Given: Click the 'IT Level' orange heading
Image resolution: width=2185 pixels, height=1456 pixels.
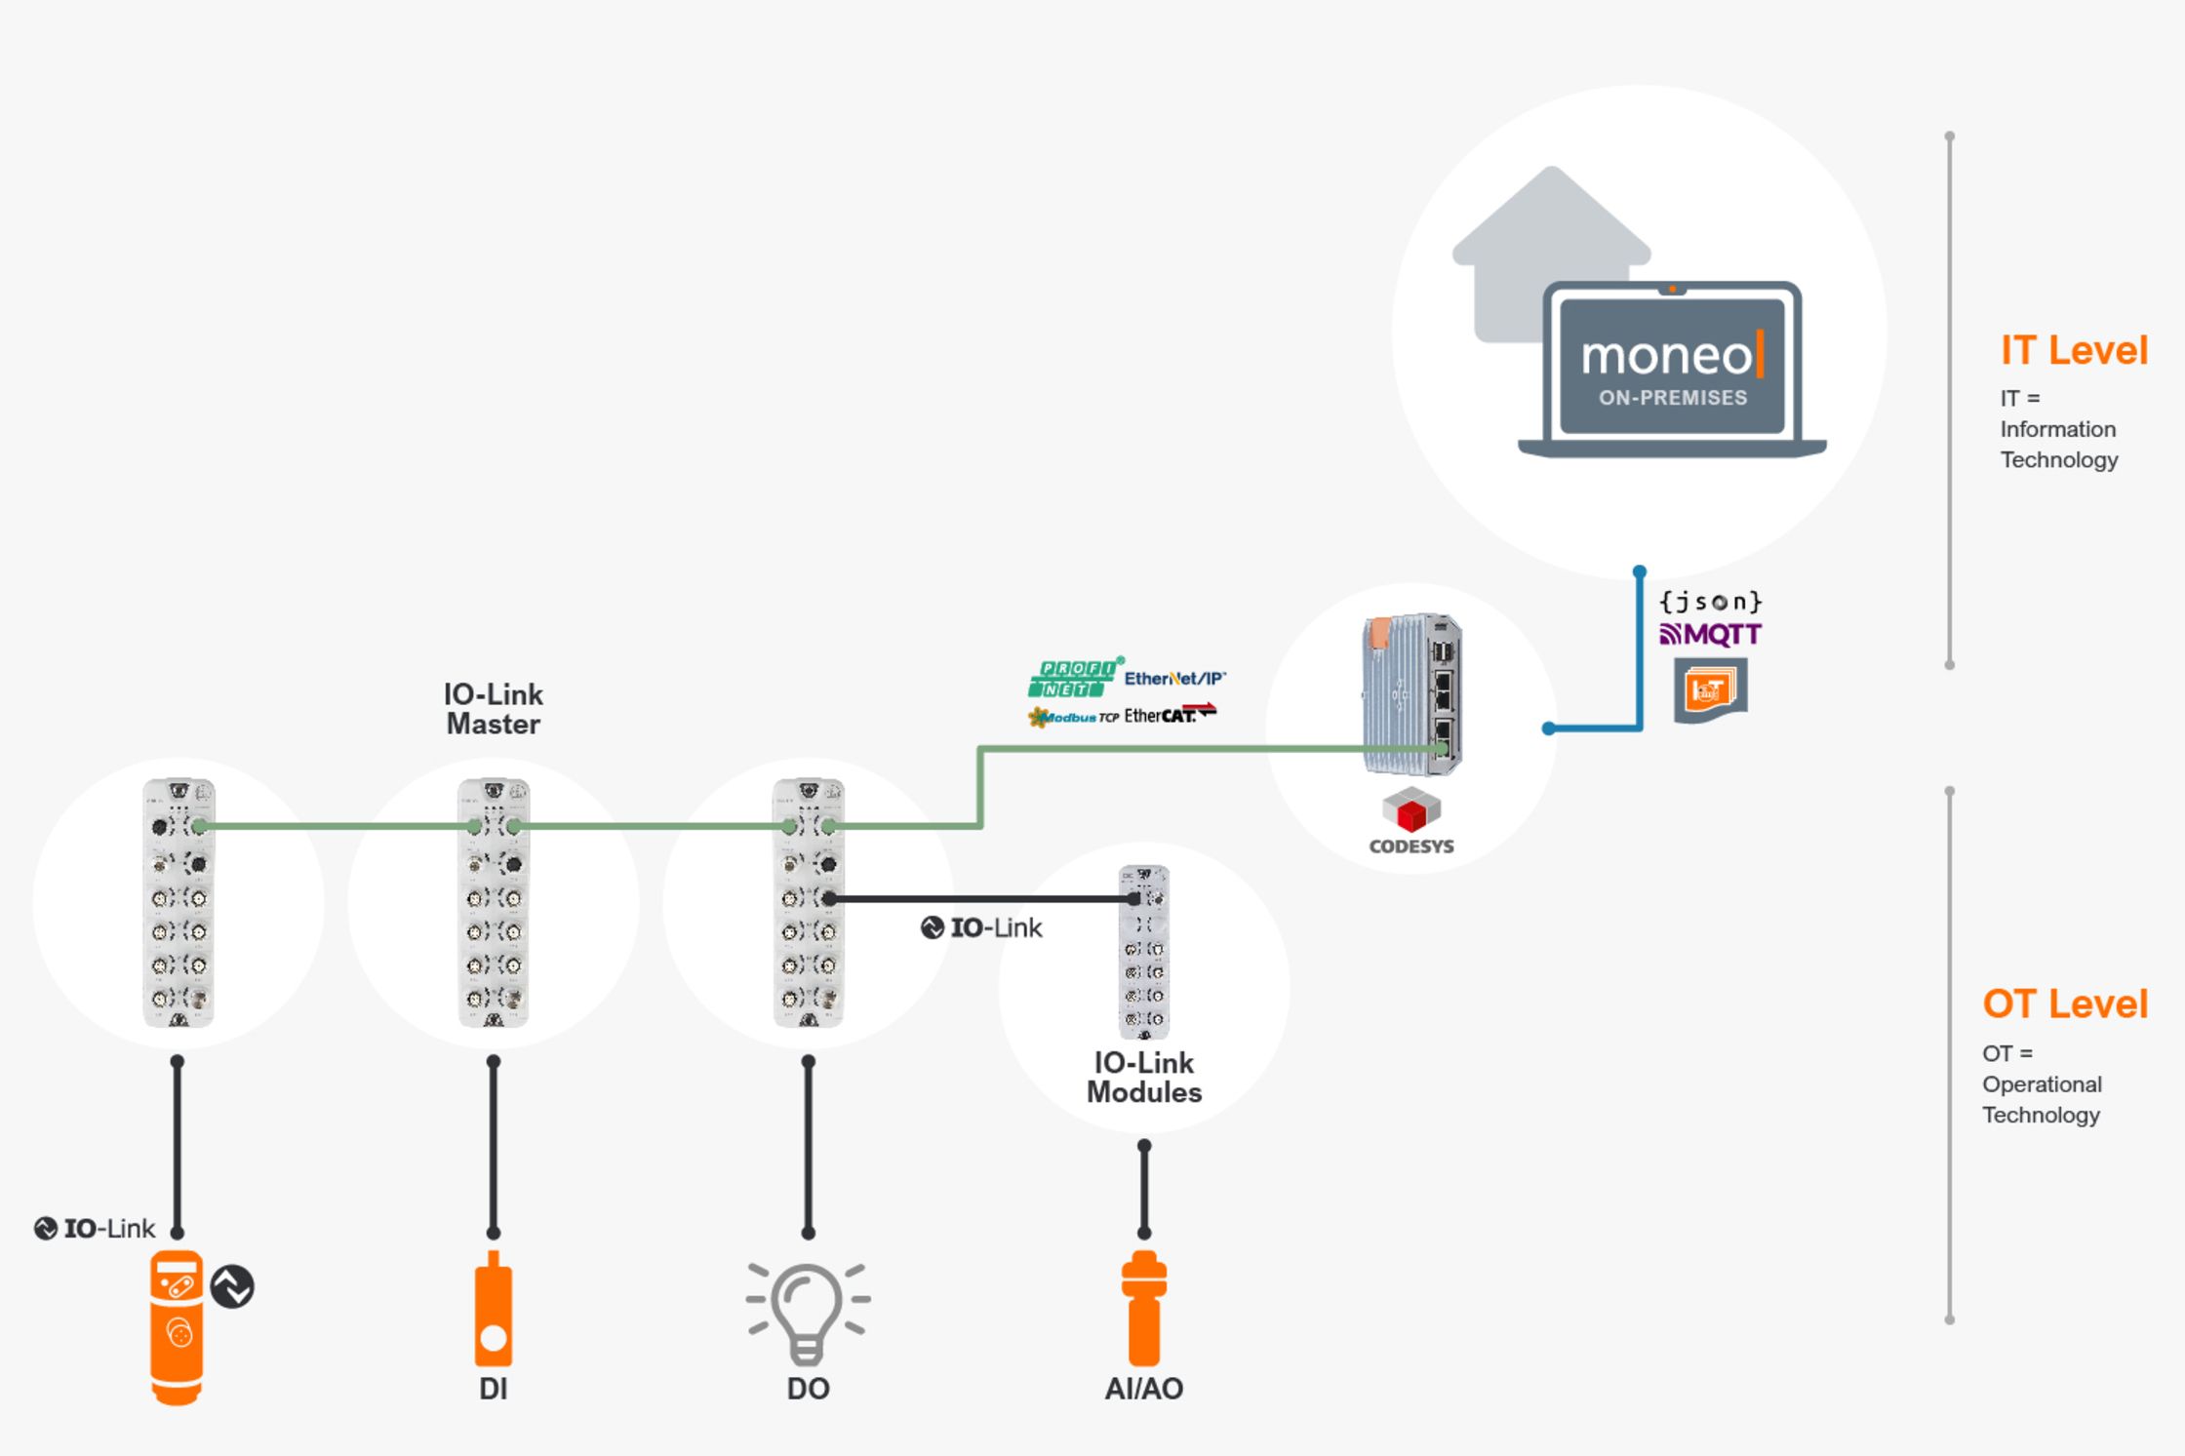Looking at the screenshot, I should point(2073,351).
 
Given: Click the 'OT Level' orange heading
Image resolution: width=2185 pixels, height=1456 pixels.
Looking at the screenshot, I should point(2064,1004).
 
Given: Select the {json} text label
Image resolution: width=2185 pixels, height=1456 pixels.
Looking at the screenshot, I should point(1710,602).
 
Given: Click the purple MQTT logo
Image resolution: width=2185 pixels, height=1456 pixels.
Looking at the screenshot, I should point(1710,635).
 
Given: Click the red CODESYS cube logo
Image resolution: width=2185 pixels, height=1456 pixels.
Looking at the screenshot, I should point(1410,811).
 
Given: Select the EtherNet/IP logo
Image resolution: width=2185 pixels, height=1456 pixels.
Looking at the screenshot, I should point(1173,679).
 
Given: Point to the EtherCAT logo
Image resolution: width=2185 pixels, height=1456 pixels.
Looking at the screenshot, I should point(1170,715).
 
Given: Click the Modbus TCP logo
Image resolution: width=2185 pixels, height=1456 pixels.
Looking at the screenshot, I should point(1073,718).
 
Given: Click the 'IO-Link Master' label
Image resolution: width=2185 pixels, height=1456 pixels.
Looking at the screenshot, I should point(493,709).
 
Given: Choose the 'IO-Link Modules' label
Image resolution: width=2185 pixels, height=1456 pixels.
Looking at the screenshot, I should point(1143,1078).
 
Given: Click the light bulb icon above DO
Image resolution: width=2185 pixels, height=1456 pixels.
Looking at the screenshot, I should point(807,1312).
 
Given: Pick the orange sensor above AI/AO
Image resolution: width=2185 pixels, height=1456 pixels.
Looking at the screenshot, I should point(1143,1309).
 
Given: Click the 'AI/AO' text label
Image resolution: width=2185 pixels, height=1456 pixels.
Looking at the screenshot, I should point(1143,1389).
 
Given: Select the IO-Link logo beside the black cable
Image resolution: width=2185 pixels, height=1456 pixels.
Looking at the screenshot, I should point(981,928).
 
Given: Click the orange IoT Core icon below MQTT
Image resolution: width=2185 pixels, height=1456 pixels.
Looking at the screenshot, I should point(1710,690).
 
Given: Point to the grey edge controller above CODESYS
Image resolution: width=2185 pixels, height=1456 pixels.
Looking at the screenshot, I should point(1410,694).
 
